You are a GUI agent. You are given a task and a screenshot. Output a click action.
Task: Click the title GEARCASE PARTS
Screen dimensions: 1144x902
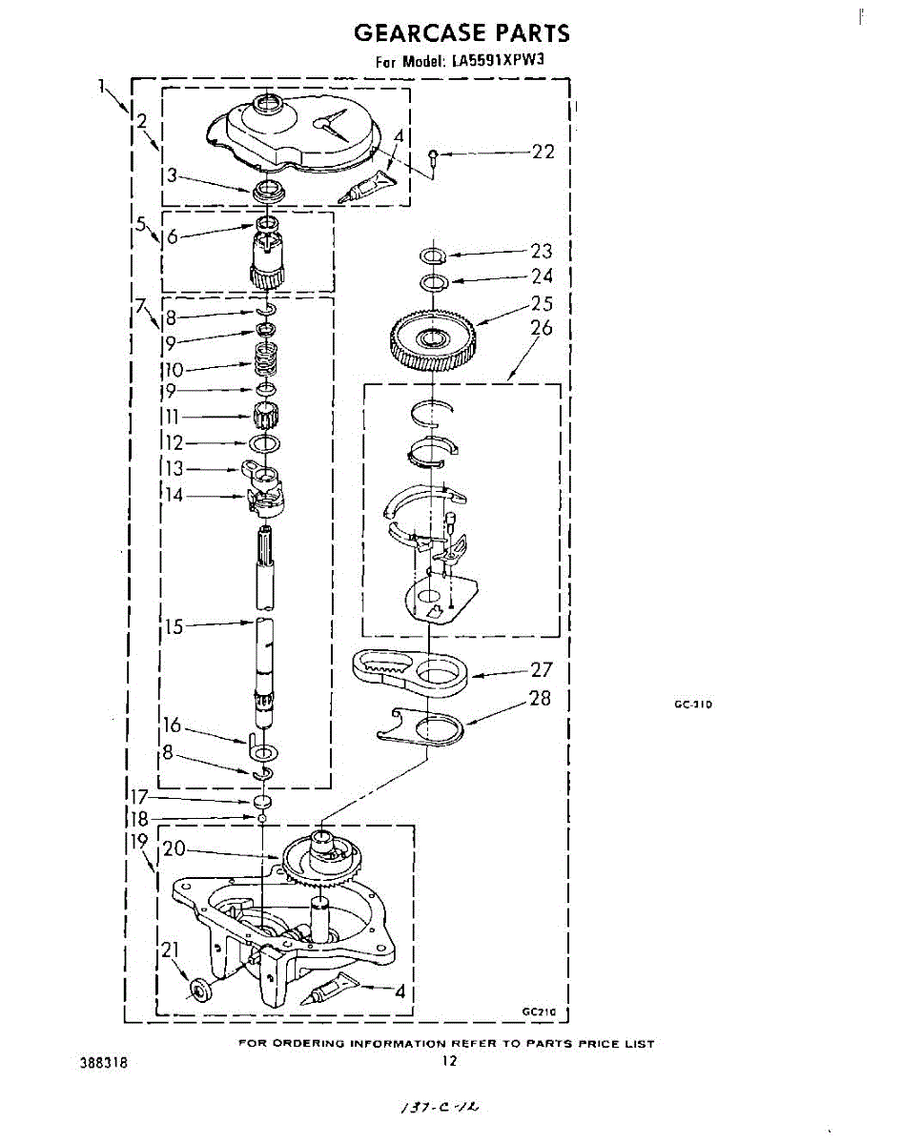(x=461, y=33)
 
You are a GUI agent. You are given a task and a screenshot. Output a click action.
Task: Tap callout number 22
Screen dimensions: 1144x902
(x=543, y=152)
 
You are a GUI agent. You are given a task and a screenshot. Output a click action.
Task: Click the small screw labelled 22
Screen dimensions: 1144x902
(x=434, y=155)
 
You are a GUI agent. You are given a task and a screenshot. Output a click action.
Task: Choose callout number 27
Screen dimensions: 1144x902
(x=542, y=670)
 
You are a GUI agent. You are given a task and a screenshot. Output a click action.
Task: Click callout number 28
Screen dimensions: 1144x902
(x=540, y=699)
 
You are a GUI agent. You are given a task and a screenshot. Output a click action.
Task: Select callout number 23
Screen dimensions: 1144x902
(x=542, y=252)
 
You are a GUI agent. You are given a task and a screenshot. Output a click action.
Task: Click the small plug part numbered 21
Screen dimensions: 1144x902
(x=201, y=991)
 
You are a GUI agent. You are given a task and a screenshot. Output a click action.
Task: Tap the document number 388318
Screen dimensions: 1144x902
(x=106, y=1061)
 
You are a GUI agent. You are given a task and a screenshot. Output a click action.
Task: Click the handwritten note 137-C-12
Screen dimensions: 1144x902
(x=438, y=1108)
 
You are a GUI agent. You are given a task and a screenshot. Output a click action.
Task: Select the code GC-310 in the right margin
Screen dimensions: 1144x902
(x=693, y=705)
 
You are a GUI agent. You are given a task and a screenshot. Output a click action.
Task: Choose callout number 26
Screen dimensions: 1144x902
(x=542, y=328)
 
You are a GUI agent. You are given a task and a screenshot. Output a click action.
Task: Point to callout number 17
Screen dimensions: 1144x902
(x=138, y=797)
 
